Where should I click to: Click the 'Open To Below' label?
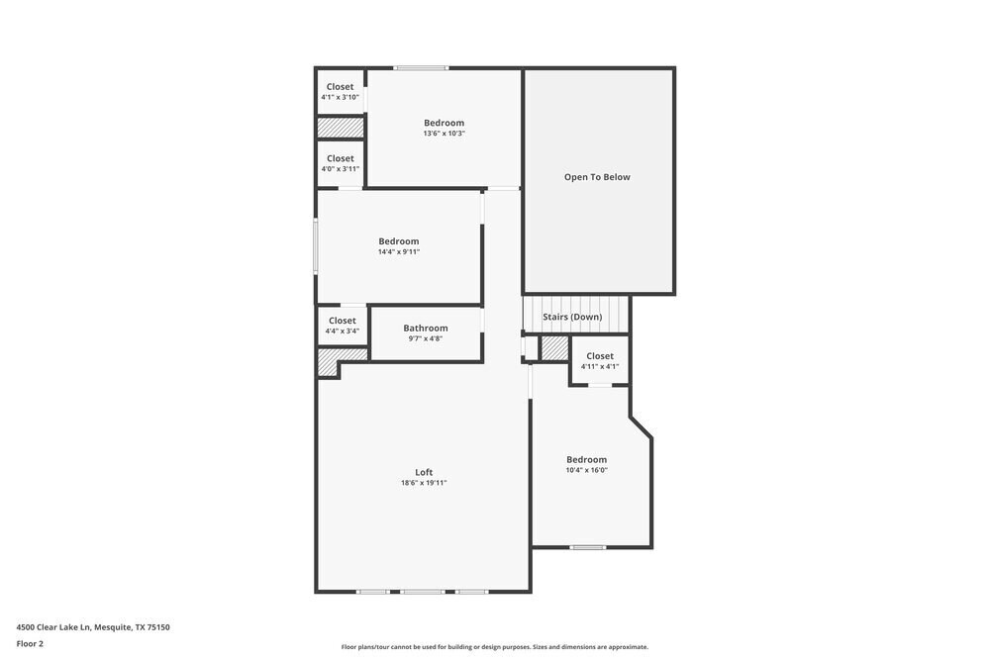(x=597, y=177)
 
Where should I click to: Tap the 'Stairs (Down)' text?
(x=572, y=317)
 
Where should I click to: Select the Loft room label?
(x=424, y=472)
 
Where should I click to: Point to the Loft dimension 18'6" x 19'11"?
(x=424, y=483)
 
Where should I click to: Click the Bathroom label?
(x=426, y=328)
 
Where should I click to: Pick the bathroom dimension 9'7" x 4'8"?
(x=426, y=338)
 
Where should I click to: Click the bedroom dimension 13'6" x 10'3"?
(x=444, y=134)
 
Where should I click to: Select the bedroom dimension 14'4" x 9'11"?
(x=399, y=251)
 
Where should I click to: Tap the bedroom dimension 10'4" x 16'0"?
(x=586, y=470)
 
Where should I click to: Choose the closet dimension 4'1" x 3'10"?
(x=340, y=97)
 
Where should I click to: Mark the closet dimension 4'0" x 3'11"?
(x=340, y=168)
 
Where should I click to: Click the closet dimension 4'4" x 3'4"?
(x=342, y=330)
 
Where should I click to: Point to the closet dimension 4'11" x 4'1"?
(x=600, y=366)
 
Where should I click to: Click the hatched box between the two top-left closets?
(x=341, y=128)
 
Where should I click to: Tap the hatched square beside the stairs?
(x=554, y=348)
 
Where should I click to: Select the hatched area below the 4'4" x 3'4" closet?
(x=329, y=361)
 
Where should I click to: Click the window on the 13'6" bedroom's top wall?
(x=421, y=67)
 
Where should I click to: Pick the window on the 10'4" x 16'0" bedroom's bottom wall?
(x=587, y=547)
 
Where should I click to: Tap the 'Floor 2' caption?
(x=30, y=643)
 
